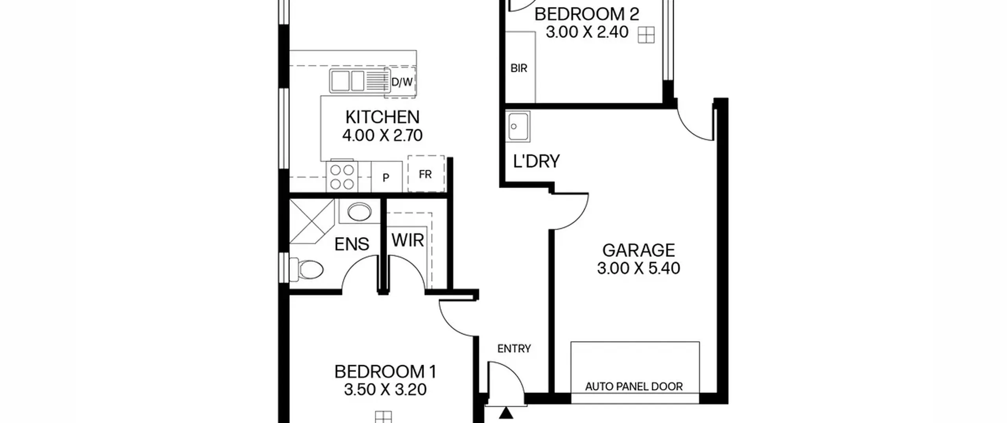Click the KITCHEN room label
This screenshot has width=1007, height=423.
pos(382,117)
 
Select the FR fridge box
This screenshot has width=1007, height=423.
pos(426,174)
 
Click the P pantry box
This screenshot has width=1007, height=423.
pos(387,177)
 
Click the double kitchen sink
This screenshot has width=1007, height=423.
pos(347,81)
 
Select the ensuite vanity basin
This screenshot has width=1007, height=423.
pos(359,212)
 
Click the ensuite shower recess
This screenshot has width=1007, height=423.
pos(312,221)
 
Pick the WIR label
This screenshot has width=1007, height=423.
pos(408,240)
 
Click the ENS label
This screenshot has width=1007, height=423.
pos(352,244)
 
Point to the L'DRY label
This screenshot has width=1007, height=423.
pos(537,161)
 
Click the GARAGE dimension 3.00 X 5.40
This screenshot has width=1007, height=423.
pos(638,268)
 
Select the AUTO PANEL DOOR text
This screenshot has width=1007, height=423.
pos(634,386)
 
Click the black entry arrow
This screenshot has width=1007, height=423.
pos(507,413)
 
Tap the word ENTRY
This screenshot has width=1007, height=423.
pos(514,349)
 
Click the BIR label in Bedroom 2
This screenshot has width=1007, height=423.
pos(519,68)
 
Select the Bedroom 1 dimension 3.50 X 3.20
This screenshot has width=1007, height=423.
pos(385,390)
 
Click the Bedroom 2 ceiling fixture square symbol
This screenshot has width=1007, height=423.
pos(646,35)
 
